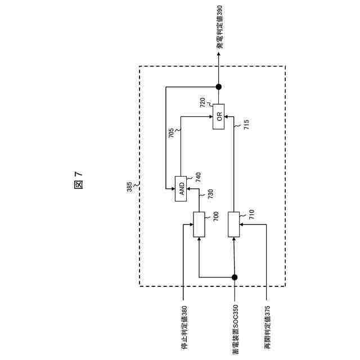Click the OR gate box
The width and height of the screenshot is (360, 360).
tap(219, 116)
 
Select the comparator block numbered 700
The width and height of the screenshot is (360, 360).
tap(199, 224)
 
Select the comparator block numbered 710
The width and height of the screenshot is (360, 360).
tap(234, 224)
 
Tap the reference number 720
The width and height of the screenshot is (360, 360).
tap(202, 102)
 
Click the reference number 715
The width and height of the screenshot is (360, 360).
tap(245, 124)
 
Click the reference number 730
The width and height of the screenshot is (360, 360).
tap(210, 195)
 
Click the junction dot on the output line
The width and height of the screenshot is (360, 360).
tap(219, 87)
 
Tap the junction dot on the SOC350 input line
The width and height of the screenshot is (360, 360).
tap(234, 277)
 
